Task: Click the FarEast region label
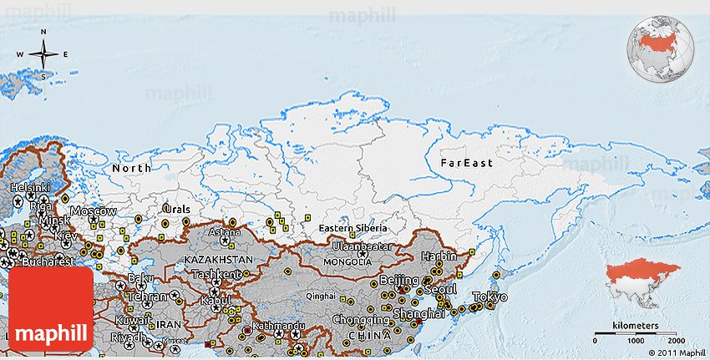coord(466,163)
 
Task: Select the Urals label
coord(176,209)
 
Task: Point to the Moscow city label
coord(93,211)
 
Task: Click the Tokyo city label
coord(489,297)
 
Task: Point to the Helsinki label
coord(30,188)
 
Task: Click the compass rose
coord(43,54)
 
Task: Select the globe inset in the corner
coord(661,49)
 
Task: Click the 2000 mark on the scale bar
coord(676,341)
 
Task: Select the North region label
coord(132,169)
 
